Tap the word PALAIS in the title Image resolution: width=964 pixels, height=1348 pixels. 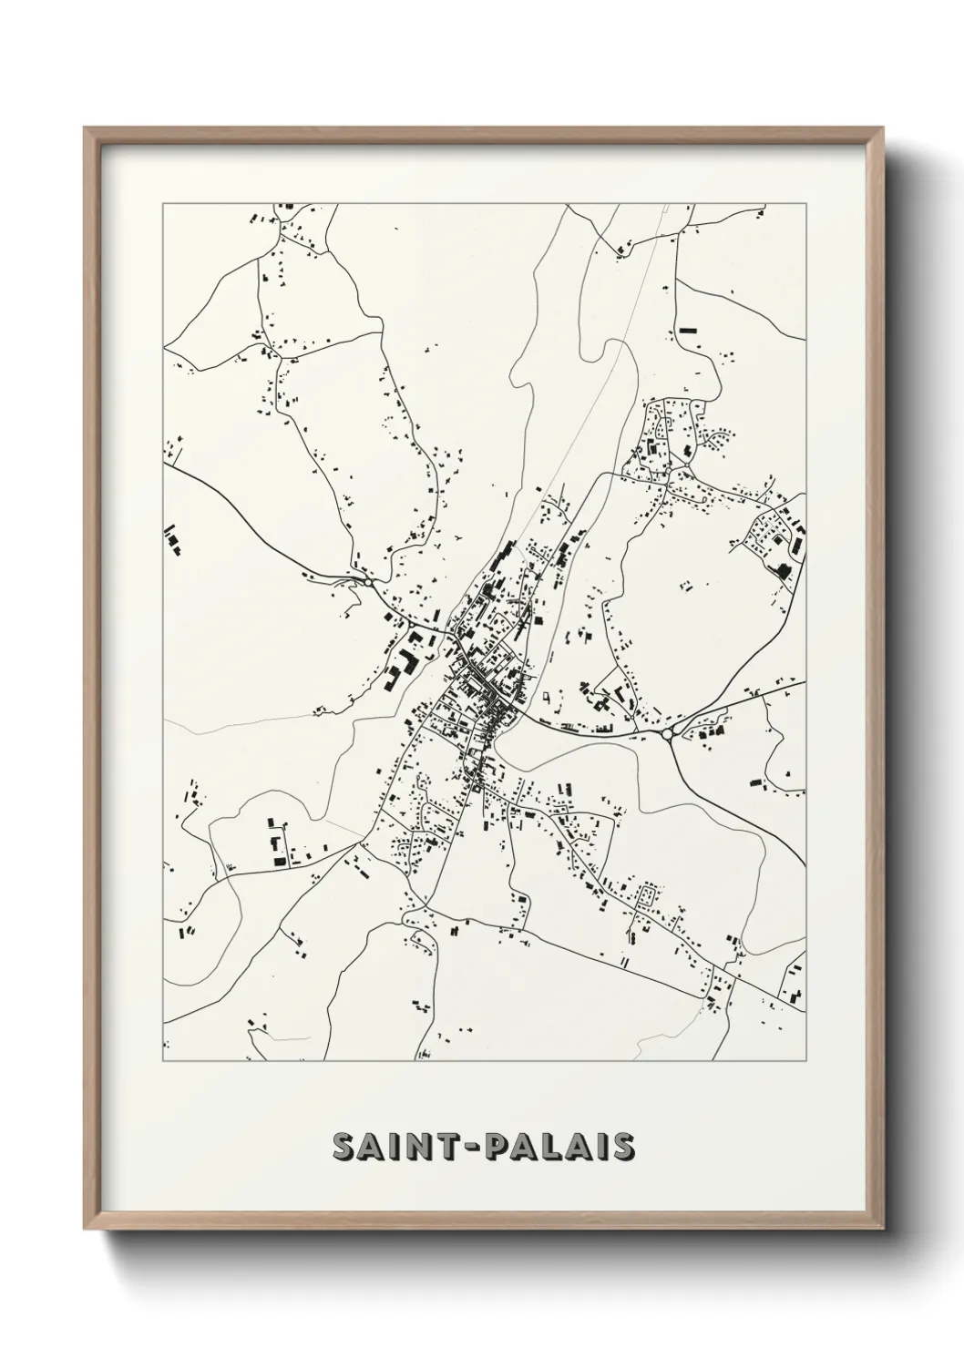562,1147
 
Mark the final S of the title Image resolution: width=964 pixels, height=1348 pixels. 621,1147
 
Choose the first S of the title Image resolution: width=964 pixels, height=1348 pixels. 344,1147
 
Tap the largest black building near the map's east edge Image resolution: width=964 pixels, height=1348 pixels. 781,571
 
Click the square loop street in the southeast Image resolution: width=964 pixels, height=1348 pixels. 649,895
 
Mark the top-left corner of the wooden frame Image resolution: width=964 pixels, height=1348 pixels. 85,128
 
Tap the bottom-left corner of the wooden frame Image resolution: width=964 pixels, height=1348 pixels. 85,1227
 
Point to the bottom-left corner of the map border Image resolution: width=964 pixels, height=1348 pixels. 163,1061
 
